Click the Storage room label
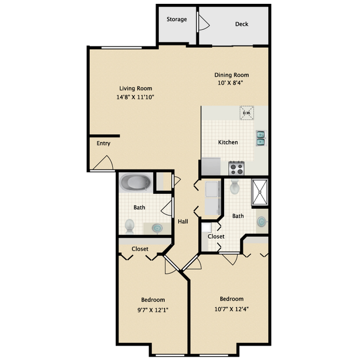point(177,19)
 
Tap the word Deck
point(241,24)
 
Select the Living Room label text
point(136,88)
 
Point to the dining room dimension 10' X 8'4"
point(232,83)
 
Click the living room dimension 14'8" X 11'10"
point(136,97)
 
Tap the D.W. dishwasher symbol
point(246,113)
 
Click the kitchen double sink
point(260,138)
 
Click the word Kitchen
point(228,142)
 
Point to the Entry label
point(104,143)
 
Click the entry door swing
point(104,163)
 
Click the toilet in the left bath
point(130,225)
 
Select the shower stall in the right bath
point(260,192)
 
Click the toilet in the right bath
point(235,187)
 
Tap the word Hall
point(183,222)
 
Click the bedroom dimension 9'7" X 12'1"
point(152,310)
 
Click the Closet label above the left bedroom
point(140,249)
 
